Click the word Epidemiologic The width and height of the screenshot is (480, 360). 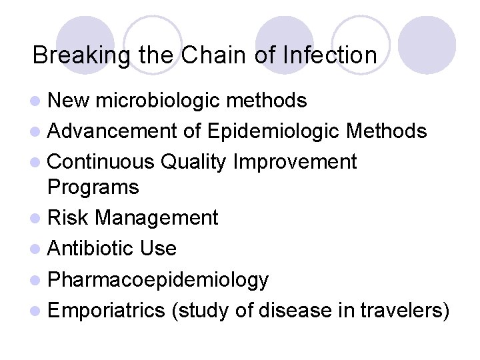click(x=276, y=131)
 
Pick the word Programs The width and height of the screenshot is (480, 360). click(x=93, y=187)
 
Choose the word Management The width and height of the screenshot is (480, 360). click(x=157, y=218)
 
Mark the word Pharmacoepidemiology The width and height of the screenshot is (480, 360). click(x=158, y=280)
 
